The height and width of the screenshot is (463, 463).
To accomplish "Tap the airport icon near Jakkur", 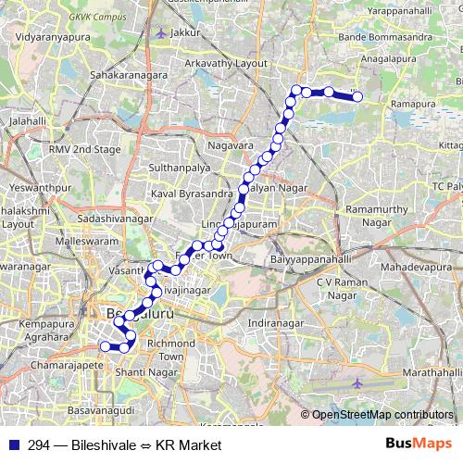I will [x=163, y=32].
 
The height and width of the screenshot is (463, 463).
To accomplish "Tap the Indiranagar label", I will [x=275, y=323].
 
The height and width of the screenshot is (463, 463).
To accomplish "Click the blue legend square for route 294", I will [x=11, y=445].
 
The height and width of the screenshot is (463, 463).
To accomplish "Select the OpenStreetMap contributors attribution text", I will [x=382, y=414].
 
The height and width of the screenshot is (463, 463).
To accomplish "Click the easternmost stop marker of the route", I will [x=357, y=95].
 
